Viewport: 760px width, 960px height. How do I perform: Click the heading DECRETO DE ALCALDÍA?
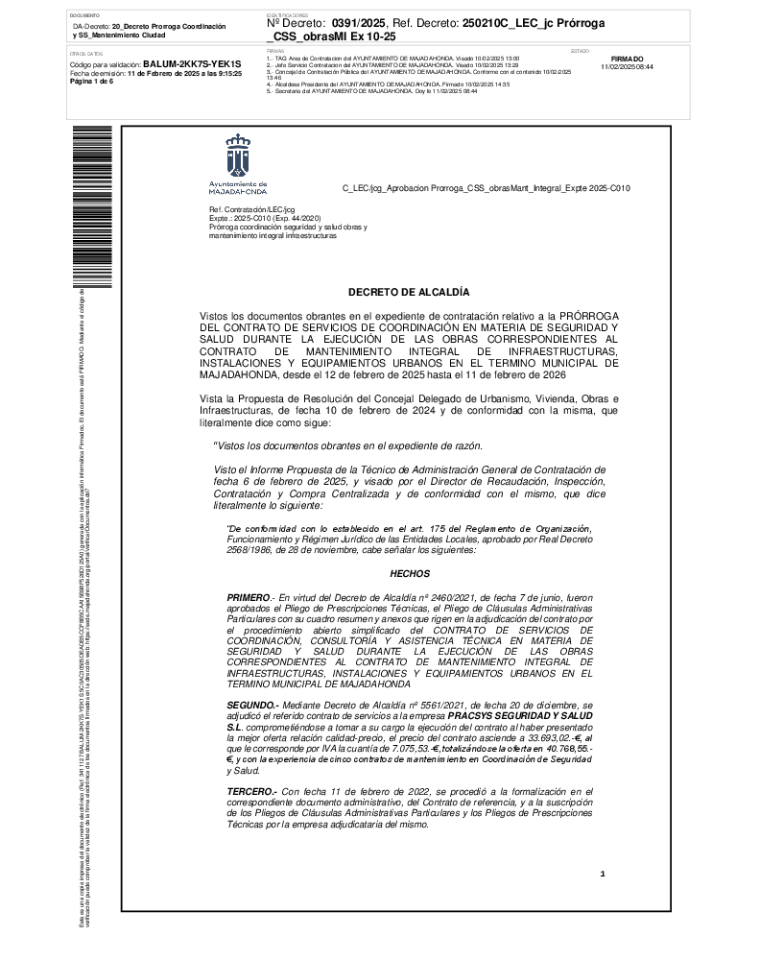click(x=409, y=291)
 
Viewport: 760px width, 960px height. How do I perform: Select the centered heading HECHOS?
click(x=409, y=573)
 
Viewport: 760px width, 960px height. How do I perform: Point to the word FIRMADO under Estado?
click(x=627, y=59)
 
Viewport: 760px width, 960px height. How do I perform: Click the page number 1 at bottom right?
click(x=603, y=874)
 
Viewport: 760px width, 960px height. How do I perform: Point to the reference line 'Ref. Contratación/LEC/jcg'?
click(x=251, y=208)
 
